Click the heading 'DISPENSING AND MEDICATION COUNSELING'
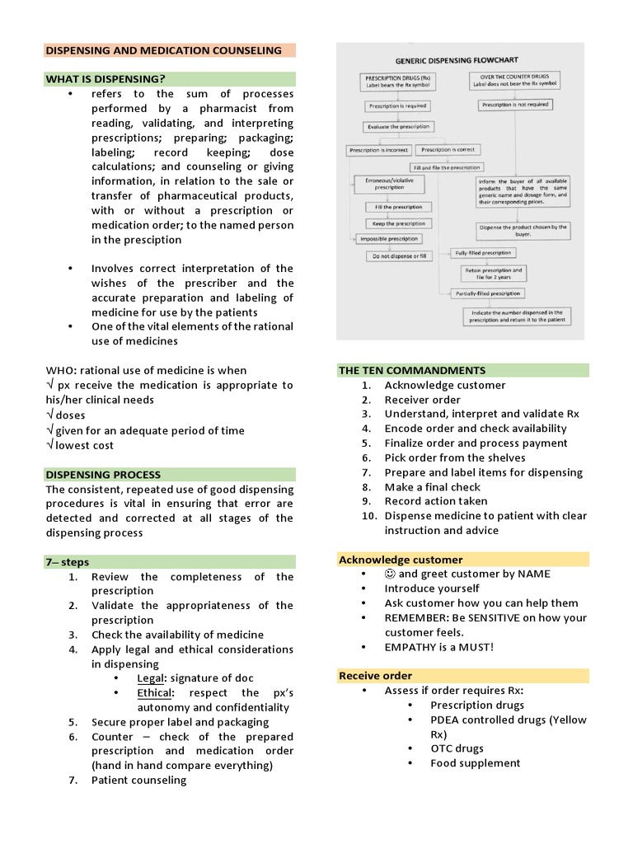pos(163,50)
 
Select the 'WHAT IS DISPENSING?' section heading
pos(105,79)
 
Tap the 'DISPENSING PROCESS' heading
pos(103,475)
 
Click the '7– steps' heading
pos(67,562)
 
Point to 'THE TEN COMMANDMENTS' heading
pos(412,370)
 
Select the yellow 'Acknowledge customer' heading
pos(401,560)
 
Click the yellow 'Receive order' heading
pos(375,676)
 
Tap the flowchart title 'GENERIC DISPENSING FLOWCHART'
pos(457,60)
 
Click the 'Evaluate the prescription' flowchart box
pos(398,127)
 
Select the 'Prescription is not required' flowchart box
pos(515,105)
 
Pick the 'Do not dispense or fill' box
pos(398,256)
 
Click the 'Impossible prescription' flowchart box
pos(388,239)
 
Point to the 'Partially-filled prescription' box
pos(490,293)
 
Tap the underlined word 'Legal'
pos(150,678)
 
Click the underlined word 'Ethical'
pos(155,693)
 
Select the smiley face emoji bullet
pos(390,574)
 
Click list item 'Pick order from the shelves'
pos(454,457)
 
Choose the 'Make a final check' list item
pos(433,486)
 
